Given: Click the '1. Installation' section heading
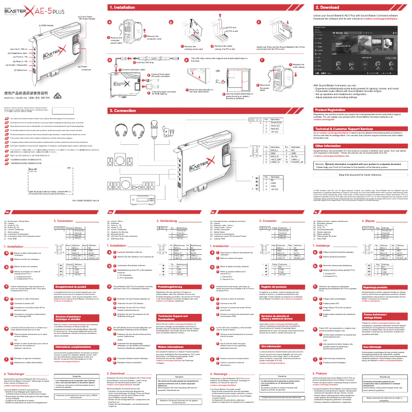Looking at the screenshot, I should pyautogui.click(x=123, y=8).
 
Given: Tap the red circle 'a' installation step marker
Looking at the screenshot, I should pyautogui.click(x=109, y=22).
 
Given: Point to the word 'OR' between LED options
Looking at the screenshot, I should pyautogui.click(x=218, y=71).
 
